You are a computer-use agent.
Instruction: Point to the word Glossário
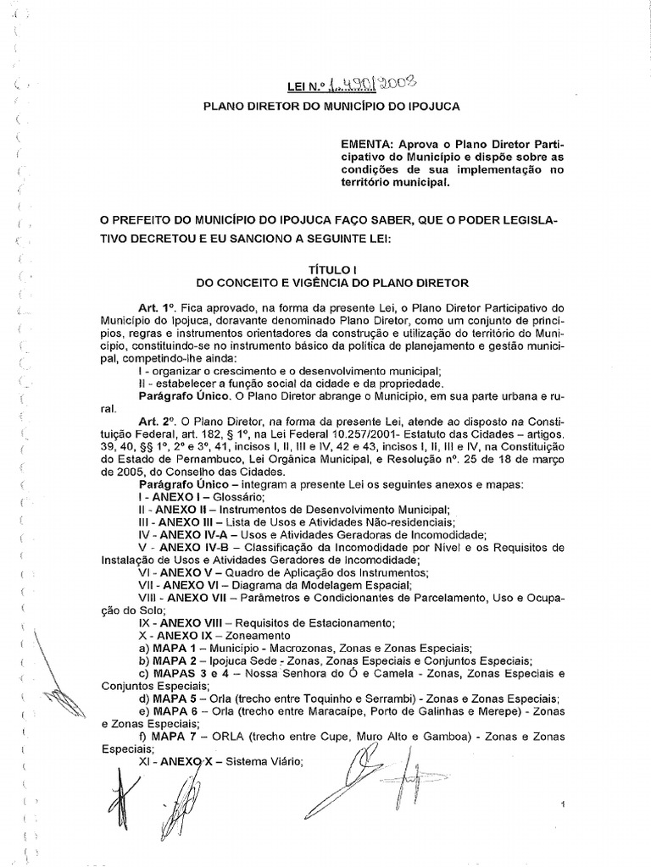click(232, 496)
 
